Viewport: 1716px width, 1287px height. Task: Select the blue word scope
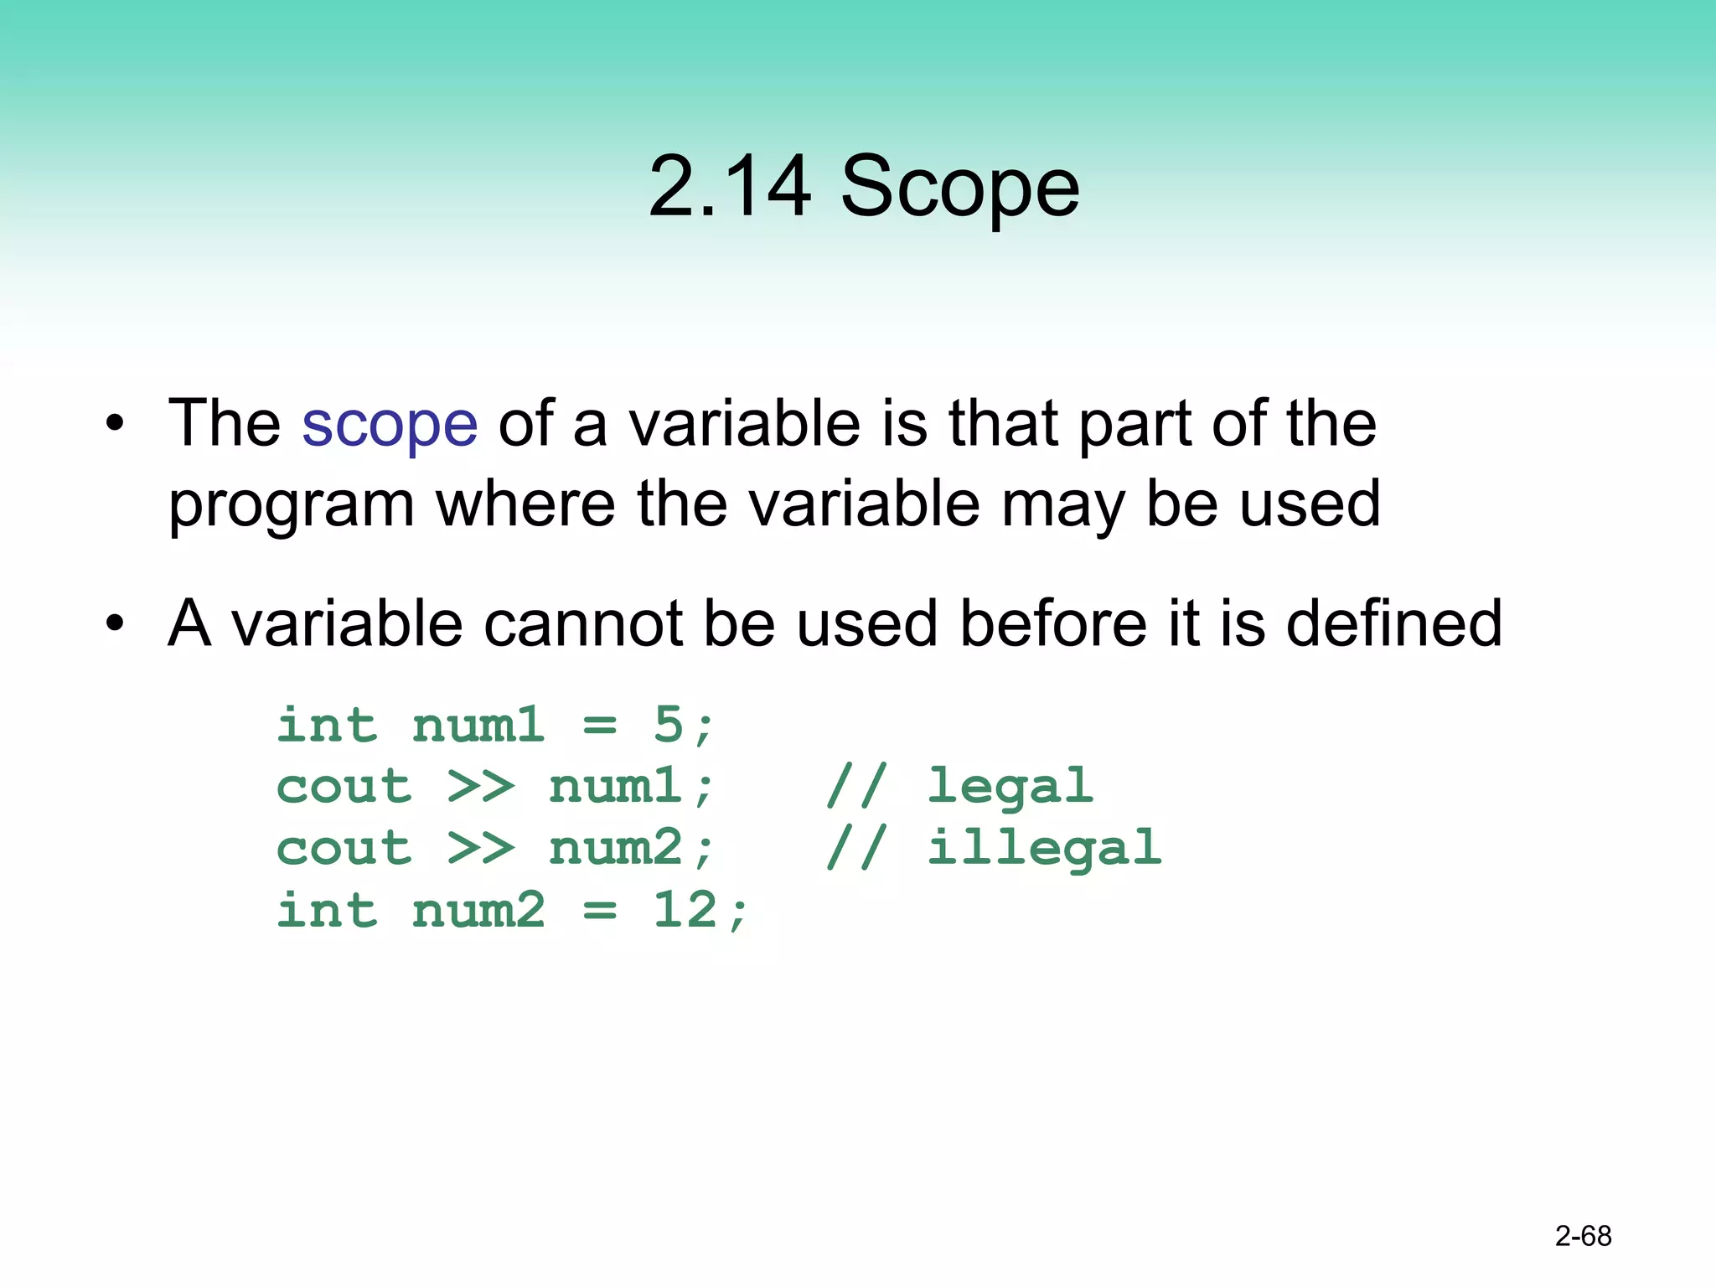point(390,424)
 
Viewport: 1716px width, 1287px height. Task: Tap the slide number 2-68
point(1583,1236)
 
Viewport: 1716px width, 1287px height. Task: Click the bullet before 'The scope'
point(115,424)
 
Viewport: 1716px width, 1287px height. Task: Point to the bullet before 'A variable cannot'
point(115,623)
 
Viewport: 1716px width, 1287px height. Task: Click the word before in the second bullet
point(1053,623)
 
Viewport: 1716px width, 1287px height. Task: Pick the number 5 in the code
point(669,725)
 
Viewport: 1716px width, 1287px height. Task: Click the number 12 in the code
point(685,910)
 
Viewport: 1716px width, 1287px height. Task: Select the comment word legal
point(1010,787)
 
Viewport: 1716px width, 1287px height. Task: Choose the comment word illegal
point(1045,848)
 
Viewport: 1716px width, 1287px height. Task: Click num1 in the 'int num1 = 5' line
point(478,725)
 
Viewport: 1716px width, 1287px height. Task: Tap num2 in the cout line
point(616,848)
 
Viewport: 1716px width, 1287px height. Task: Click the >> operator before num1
point(481,787)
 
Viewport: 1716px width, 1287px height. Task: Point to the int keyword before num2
point(327,910)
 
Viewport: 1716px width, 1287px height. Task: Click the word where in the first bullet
point(525,504)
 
